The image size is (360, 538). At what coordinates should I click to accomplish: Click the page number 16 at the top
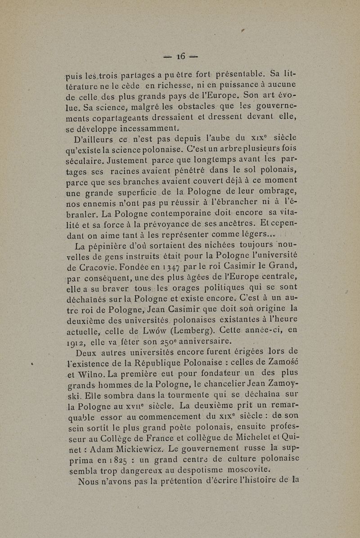click(181, 56)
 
